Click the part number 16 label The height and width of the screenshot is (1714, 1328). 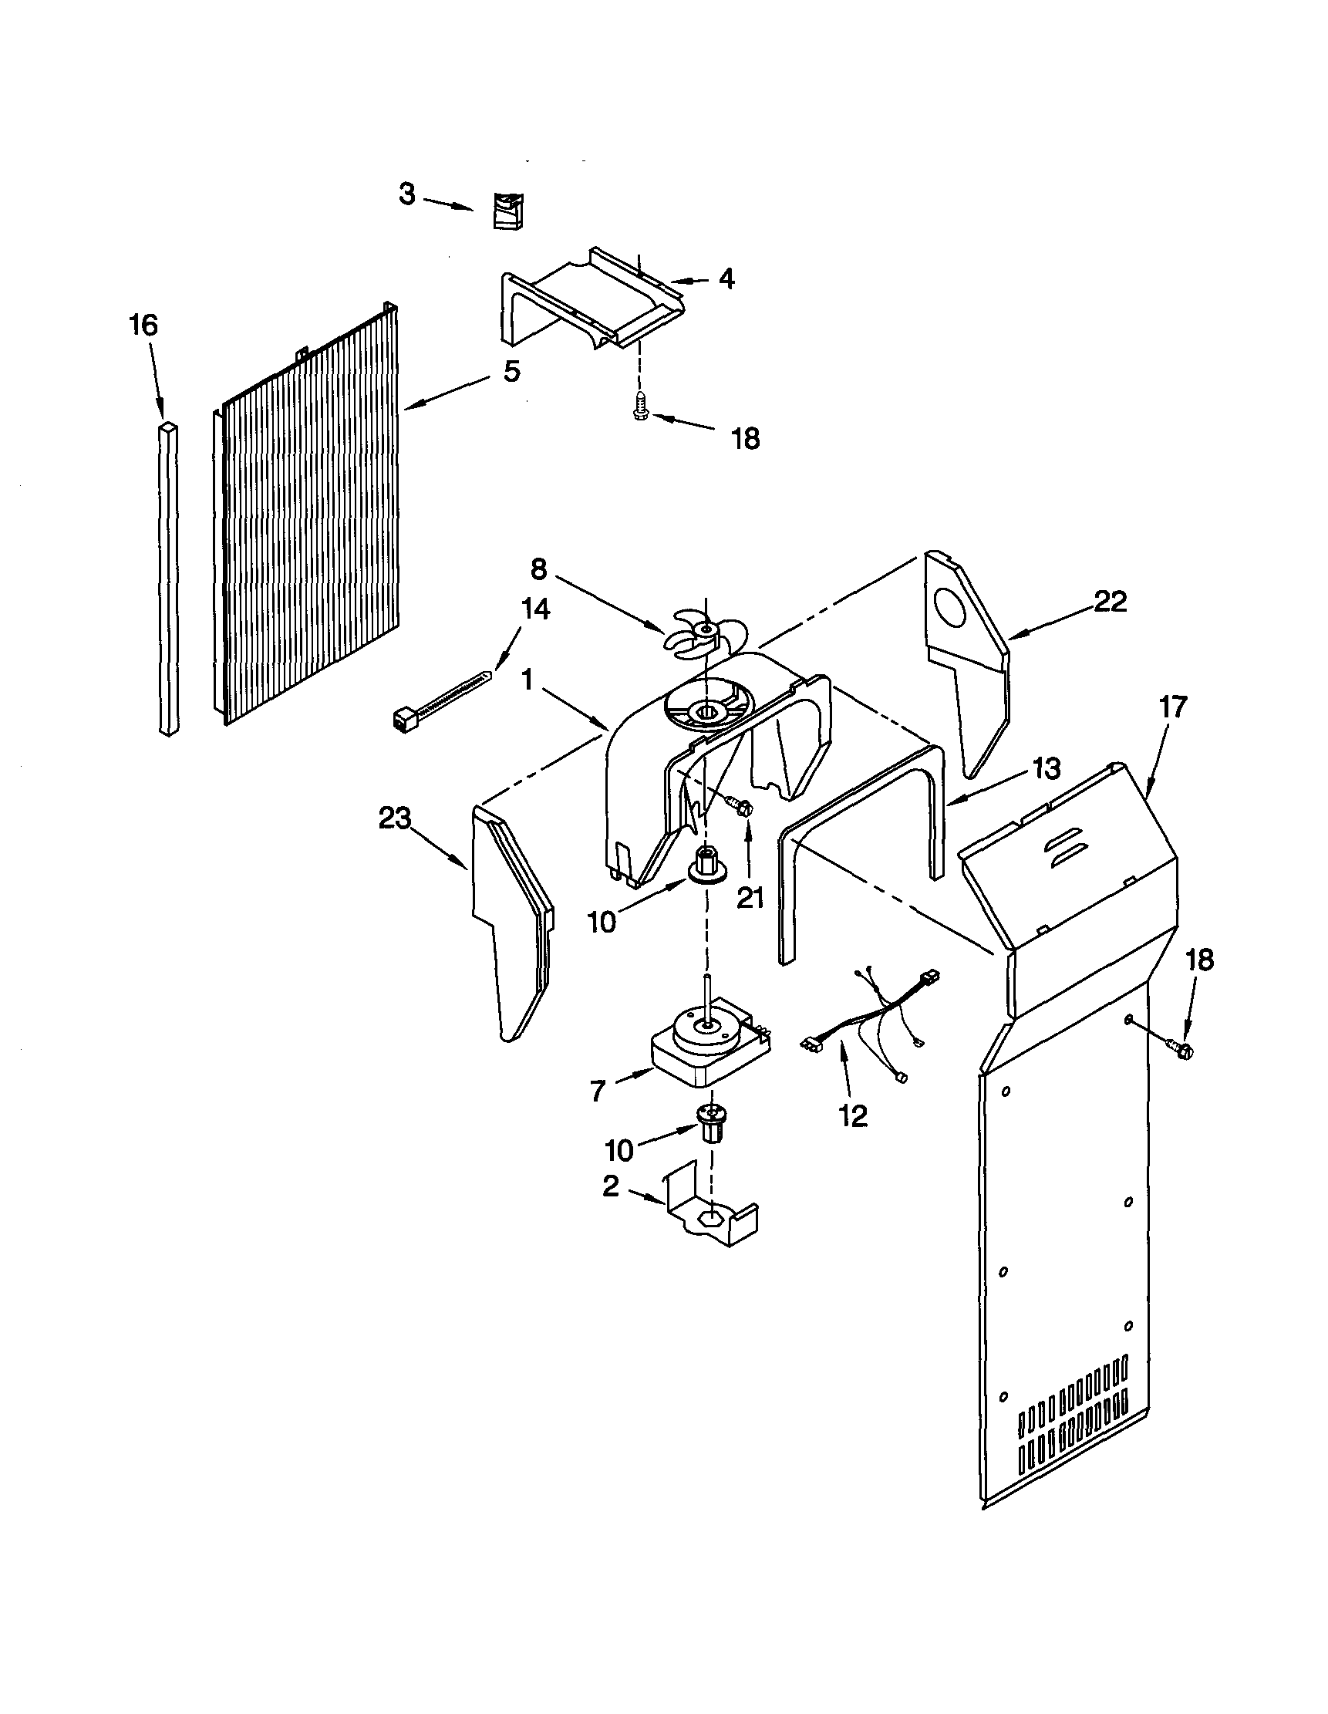point(143,325)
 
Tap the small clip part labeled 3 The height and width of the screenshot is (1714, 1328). point(507,211)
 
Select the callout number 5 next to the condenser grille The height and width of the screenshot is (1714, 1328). point(511,371)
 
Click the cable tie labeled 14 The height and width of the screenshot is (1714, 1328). point(440,693)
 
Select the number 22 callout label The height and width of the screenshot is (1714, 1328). point(1110,602)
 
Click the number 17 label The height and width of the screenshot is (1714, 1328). point(1173,707)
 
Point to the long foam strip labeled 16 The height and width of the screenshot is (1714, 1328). point(169,581)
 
